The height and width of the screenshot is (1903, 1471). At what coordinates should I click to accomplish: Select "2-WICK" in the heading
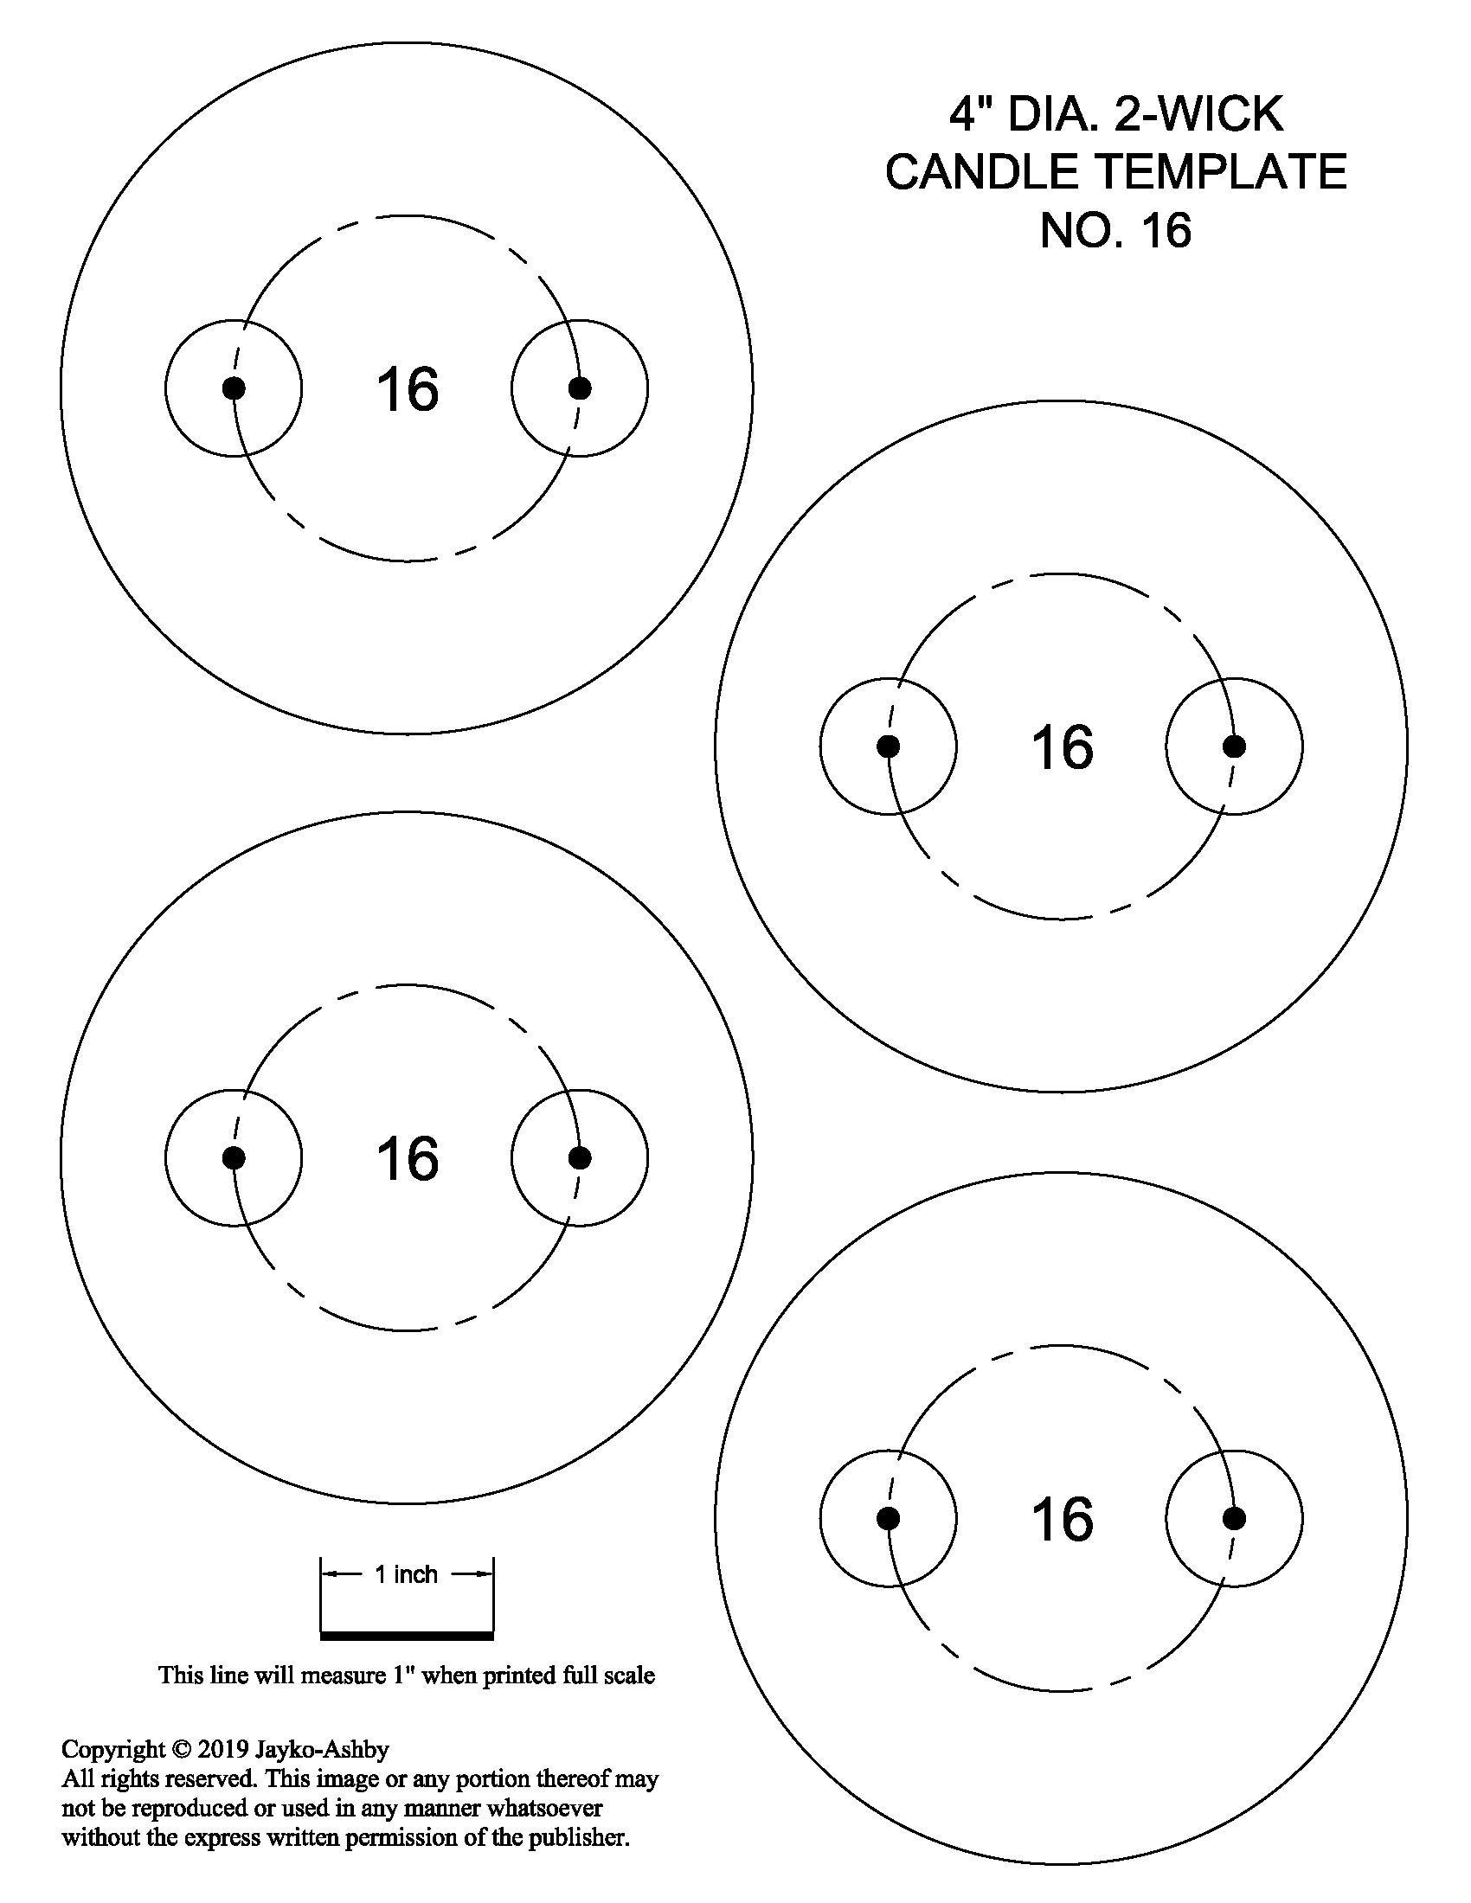[1198, 114]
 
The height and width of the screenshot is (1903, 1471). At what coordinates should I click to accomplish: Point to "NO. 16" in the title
[1115, 230]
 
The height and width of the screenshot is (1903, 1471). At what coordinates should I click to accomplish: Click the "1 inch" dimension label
[406, 1573]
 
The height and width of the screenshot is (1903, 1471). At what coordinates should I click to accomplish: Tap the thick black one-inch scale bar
[407, 1636]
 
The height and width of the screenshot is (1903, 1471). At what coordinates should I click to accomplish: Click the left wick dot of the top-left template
[234, 388]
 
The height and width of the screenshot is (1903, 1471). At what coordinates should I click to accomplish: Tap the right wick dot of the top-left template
[580, 388]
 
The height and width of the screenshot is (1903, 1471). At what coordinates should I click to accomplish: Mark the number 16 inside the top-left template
[407, 388]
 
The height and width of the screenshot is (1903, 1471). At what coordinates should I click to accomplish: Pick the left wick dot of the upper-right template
[888, 746]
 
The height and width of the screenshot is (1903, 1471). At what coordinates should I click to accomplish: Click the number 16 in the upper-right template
[1062, 747]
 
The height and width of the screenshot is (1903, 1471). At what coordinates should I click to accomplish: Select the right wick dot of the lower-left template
[580, 1158]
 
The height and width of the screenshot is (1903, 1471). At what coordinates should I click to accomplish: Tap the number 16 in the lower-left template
[407, 1159]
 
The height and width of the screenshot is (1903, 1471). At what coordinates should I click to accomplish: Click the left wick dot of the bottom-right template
[888, 1519]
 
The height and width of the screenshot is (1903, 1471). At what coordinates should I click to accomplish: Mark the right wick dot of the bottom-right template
[1234, 1519]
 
